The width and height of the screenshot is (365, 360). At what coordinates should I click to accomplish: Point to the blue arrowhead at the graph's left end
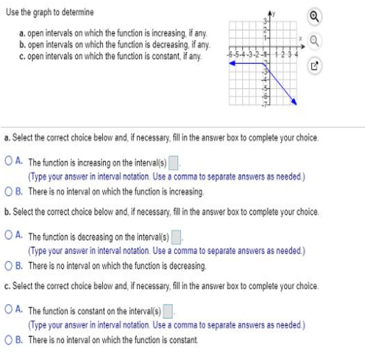click(231, 63)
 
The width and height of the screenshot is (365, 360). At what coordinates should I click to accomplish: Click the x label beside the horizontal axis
click(300, 39)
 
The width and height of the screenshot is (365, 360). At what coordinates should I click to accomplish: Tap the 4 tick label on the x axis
click(297, 55)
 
